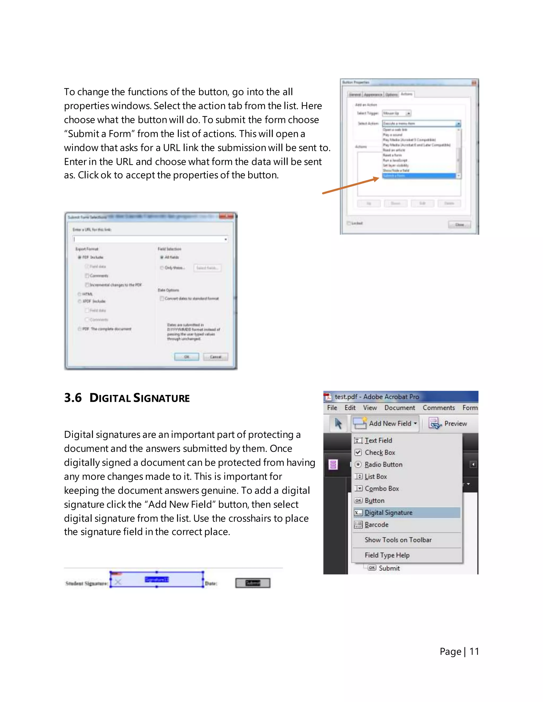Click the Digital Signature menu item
point(388,513)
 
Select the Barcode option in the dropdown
point(376,525)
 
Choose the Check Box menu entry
point(380,452)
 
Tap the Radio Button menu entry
point(383,464)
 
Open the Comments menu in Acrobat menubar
point(439,408)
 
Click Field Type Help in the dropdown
point(387,555)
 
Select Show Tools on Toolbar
point(398,540)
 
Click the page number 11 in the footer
point(474,651)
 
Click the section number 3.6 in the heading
point(73,398)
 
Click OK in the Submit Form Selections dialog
point(187,357)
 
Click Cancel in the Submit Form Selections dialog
point(216,357)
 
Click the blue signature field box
point(157,579)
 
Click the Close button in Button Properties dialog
point(459,224)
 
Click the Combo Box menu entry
point(382,488)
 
